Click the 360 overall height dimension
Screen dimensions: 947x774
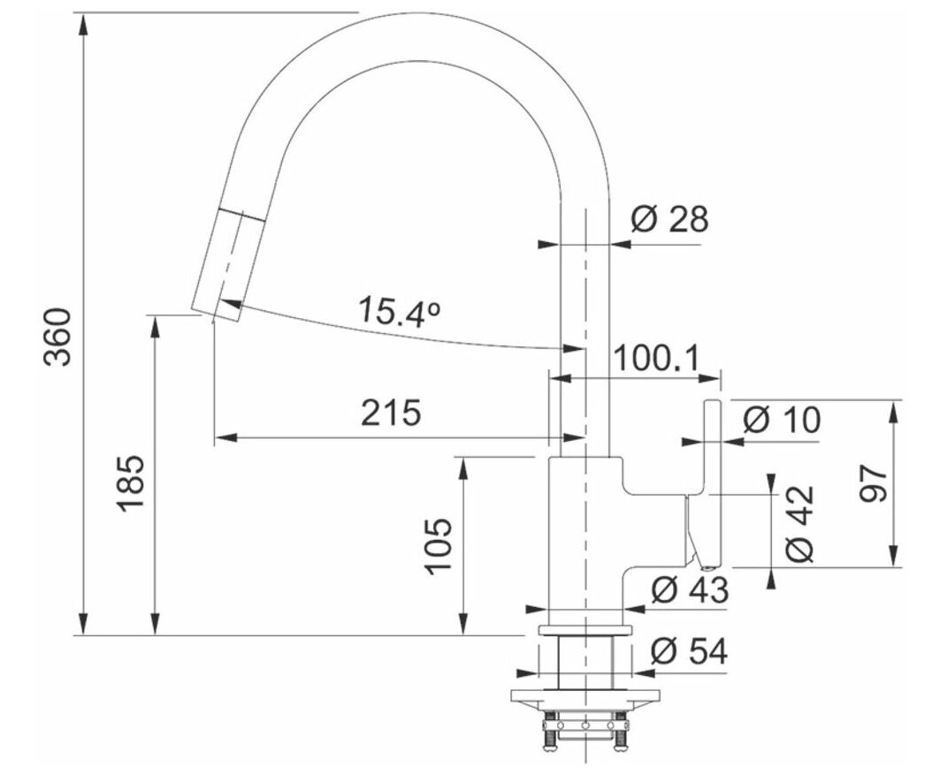pyautogui.click(x=59, y=337)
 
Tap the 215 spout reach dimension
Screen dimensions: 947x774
pyautogui.click(x=390, y=413)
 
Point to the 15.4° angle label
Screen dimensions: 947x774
pyautogui.click(x=399, y=311)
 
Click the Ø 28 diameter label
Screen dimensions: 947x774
pyautogui.click(x=669, y=219)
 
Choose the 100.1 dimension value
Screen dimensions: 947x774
pyautogui.click(x=656, y=359)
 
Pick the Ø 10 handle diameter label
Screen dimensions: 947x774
pyautogui.click(x=782, y=420)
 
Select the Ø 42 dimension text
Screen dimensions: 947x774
pyautogui.click(x=800, y=522)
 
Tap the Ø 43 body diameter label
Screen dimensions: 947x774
pyautogui.click(x=690, y=589)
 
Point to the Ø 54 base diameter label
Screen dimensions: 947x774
pyautogui.click(x=690, y=651)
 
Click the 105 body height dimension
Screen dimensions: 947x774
pyautogui.click(x=438, y=546)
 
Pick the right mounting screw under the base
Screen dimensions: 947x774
pyautogui.click(x=619, y=734)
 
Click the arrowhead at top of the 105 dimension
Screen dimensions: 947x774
pyautogui.click(x=463, y=468)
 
